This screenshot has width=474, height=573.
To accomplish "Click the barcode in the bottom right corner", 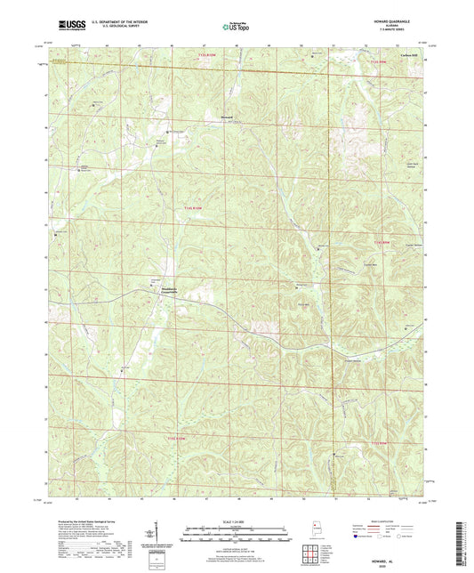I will coord(463,542).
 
